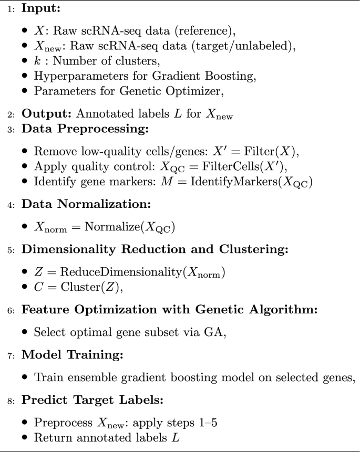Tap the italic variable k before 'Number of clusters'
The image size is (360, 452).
point(37,62)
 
